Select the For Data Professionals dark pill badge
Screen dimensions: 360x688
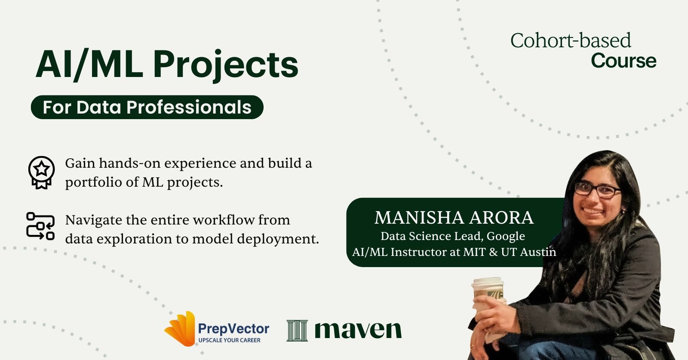click(147, 107)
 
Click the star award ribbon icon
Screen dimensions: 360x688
click(41, 172)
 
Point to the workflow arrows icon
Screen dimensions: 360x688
click(40, 226)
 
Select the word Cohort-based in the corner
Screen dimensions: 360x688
click(570, 41)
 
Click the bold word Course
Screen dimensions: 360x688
click(623, 61)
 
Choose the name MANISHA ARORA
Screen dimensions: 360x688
click(454, 218)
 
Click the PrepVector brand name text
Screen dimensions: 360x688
click(233, 329)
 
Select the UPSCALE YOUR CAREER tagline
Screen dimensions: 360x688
click(229, 340)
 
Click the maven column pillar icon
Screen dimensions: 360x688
click(297, 331)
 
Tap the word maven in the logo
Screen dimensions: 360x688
click(358, 330)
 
